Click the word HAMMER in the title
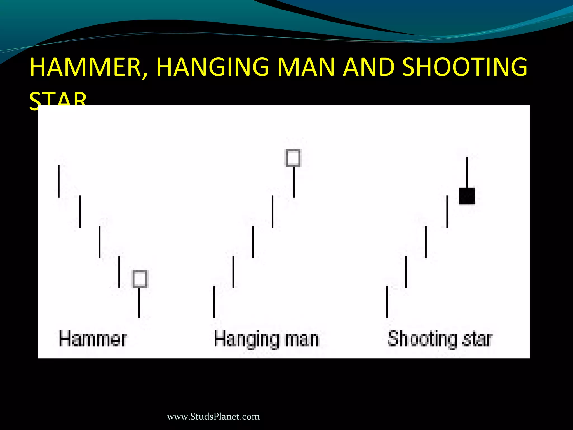(x=86, y=67)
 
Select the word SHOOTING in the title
(x=464, y=67)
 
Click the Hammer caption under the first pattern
(x=93, y=339)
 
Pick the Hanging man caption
(x=266, y=340)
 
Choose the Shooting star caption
(x=440, y=339)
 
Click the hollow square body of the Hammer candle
(x=140, y=279)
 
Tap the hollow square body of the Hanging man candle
(x=293, y=158)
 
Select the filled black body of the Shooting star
(x=467, y=196)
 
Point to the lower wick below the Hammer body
(x=139, y=303)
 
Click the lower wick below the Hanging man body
(x=294, y=182)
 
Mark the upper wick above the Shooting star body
(x=467, y=172)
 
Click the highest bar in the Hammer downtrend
(x=58, y=181)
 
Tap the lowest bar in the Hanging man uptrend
(x=214, y=302)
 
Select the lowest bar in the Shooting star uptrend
(x=387, y=302)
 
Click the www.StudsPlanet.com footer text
(x=213, y=417)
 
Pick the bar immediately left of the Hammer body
(x=119, y=272)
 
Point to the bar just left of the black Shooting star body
(x=447, y=211)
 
